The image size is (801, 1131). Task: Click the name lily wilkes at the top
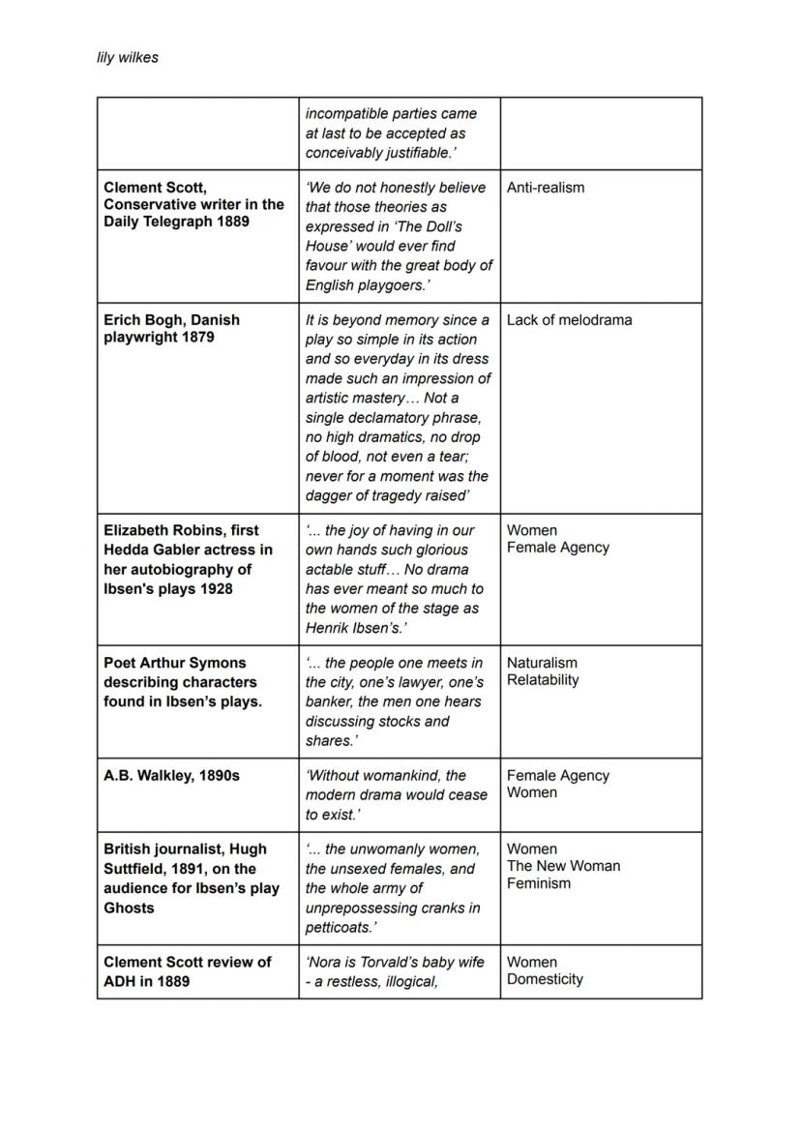pyautogui.click(x=127, y=58)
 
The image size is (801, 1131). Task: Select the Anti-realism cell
pyautogui.click(x=546, y=188)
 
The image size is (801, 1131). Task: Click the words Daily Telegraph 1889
pyautogui.click(x=176, y=222)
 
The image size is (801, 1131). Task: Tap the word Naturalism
pyautogui.click(x=542, y=663)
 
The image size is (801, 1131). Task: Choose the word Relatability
pyautogui.click(x=543, y=680)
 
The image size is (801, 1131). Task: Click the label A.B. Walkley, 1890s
pyautogui.click(x=171, y=776)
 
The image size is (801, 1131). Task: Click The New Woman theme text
pyautogui.click(x=563, y=866)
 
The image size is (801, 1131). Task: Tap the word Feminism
pyautogui.click(x=539, y=883)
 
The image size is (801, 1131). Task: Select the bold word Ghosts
pyautogui.click(x=129, y=908)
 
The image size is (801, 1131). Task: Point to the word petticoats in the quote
pyautogui.click(x=340, y=927)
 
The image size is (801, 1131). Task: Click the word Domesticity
pyautogui.click(x=545, y=979)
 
